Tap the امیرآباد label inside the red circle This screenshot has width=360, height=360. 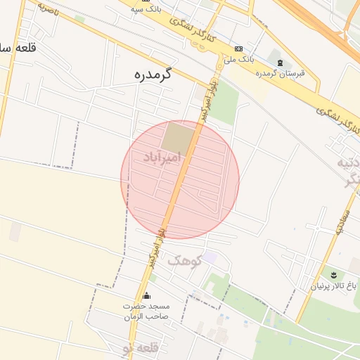161,157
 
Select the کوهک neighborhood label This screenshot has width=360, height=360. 184,260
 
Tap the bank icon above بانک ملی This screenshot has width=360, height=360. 240,48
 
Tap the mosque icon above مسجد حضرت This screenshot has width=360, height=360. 146,295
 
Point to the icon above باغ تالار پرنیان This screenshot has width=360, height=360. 334,273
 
